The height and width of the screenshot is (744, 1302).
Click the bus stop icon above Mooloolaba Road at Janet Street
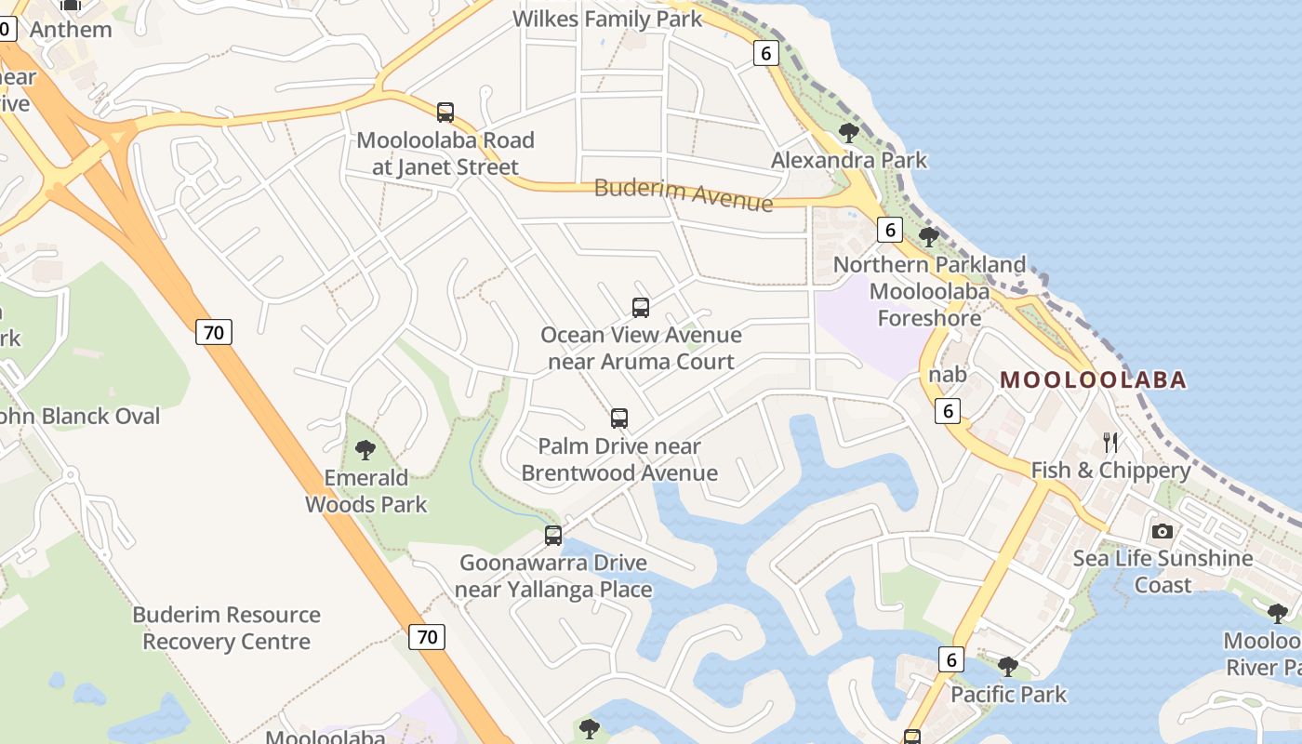click(445, 113)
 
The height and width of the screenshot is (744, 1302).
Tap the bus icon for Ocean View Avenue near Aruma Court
click(640, 307)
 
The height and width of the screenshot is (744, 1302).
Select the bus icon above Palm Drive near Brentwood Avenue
click(619, 418)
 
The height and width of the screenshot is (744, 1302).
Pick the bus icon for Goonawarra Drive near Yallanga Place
click(553, 536)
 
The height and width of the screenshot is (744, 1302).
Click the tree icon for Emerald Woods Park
click(365, 451)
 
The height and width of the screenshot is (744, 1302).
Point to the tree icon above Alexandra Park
click(848, 132)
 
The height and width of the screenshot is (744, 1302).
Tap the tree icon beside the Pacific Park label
click(1008, 667)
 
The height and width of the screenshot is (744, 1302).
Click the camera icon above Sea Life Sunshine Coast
click(1162, 532)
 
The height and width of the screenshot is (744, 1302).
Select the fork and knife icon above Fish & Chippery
click(1109, 442)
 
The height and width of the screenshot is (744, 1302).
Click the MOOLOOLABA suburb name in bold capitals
click(1093, 379)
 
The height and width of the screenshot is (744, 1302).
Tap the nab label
click(948, 375)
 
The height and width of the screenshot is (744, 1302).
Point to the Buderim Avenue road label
click(684, 194)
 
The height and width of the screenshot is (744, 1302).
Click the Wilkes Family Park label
click(607, 19)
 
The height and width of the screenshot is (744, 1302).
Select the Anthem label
click(71, 29)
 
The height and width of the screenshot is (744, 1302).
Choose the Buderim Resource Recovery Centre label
click(226, 628)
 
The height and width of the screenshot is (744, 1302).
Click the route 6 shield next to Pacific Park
click(950, 659)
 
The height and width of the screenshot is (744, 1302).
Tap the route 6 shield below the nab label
click(947, 410)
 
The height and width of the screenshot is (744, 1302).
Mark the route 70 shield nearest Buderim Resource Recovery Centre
click(427, 637)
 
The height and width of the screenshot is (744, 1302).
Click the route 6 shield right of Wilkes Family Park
click(765, 53)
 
